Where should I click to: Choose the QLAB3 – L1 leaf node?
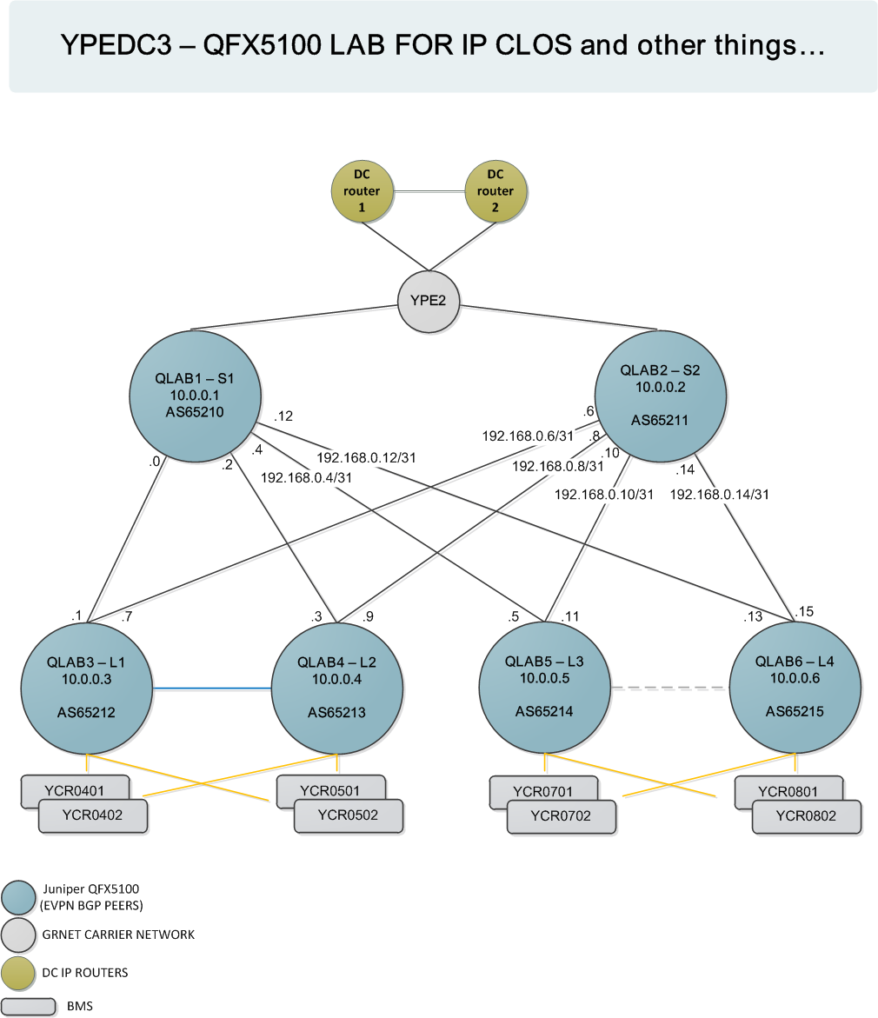[87, 687]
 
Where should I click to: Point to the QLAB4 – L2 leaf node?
[337, 687]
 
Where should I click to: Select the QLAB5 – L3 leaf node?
[544, 687]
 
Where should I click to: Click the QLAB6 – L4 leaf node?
[795, 687]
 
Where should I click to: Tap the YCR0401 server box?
[75, 789]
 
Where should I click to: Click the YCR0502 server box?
[348, 815]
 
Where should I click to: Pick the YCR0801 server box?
[788, 789]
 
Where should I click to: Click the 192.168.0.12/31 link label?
[366, 457]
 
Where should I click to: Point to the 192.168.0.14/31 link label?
[719, 495]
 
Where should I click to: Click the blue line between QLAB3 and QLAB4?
[212, 689]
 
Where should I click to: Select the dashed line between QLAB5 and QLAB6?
[669, 688]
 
